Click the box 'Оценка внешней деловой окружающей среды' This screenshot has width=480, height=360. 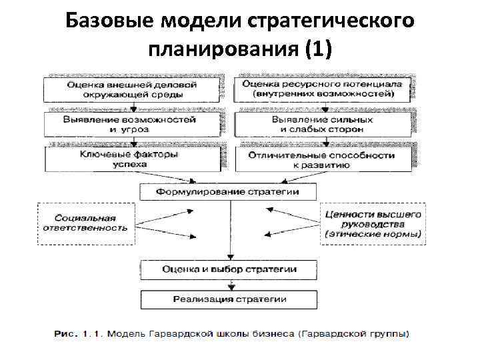tap(131, 89)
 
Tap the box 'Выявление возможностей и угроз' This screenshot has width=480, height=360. tap(131, 124)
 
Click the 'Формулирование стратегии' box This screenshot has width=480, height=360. tap(228, 191)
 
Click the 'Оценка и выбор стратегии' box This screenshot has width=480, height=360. tap(229, 269)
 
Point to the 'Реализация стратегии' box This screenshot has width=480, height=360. tap(229, 300)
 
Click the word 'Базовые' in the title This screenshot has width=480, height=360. tap(109, 22)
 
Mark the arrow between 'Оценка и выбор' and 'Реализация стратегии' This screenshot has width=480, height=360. tap(229, 285)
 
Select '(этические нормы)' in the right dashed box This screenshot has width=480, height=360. tap(373, 235)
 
